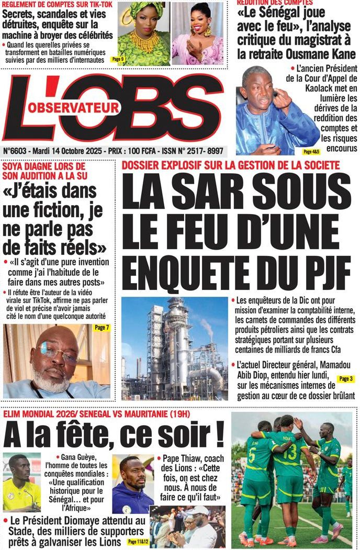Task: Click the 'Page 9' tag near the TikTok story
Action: [x=118, y=60]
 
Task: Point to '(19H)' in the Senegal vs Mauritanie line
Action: [x=177, y=414]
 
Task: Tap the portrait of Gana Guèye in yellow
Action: [x=21, y=481]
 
